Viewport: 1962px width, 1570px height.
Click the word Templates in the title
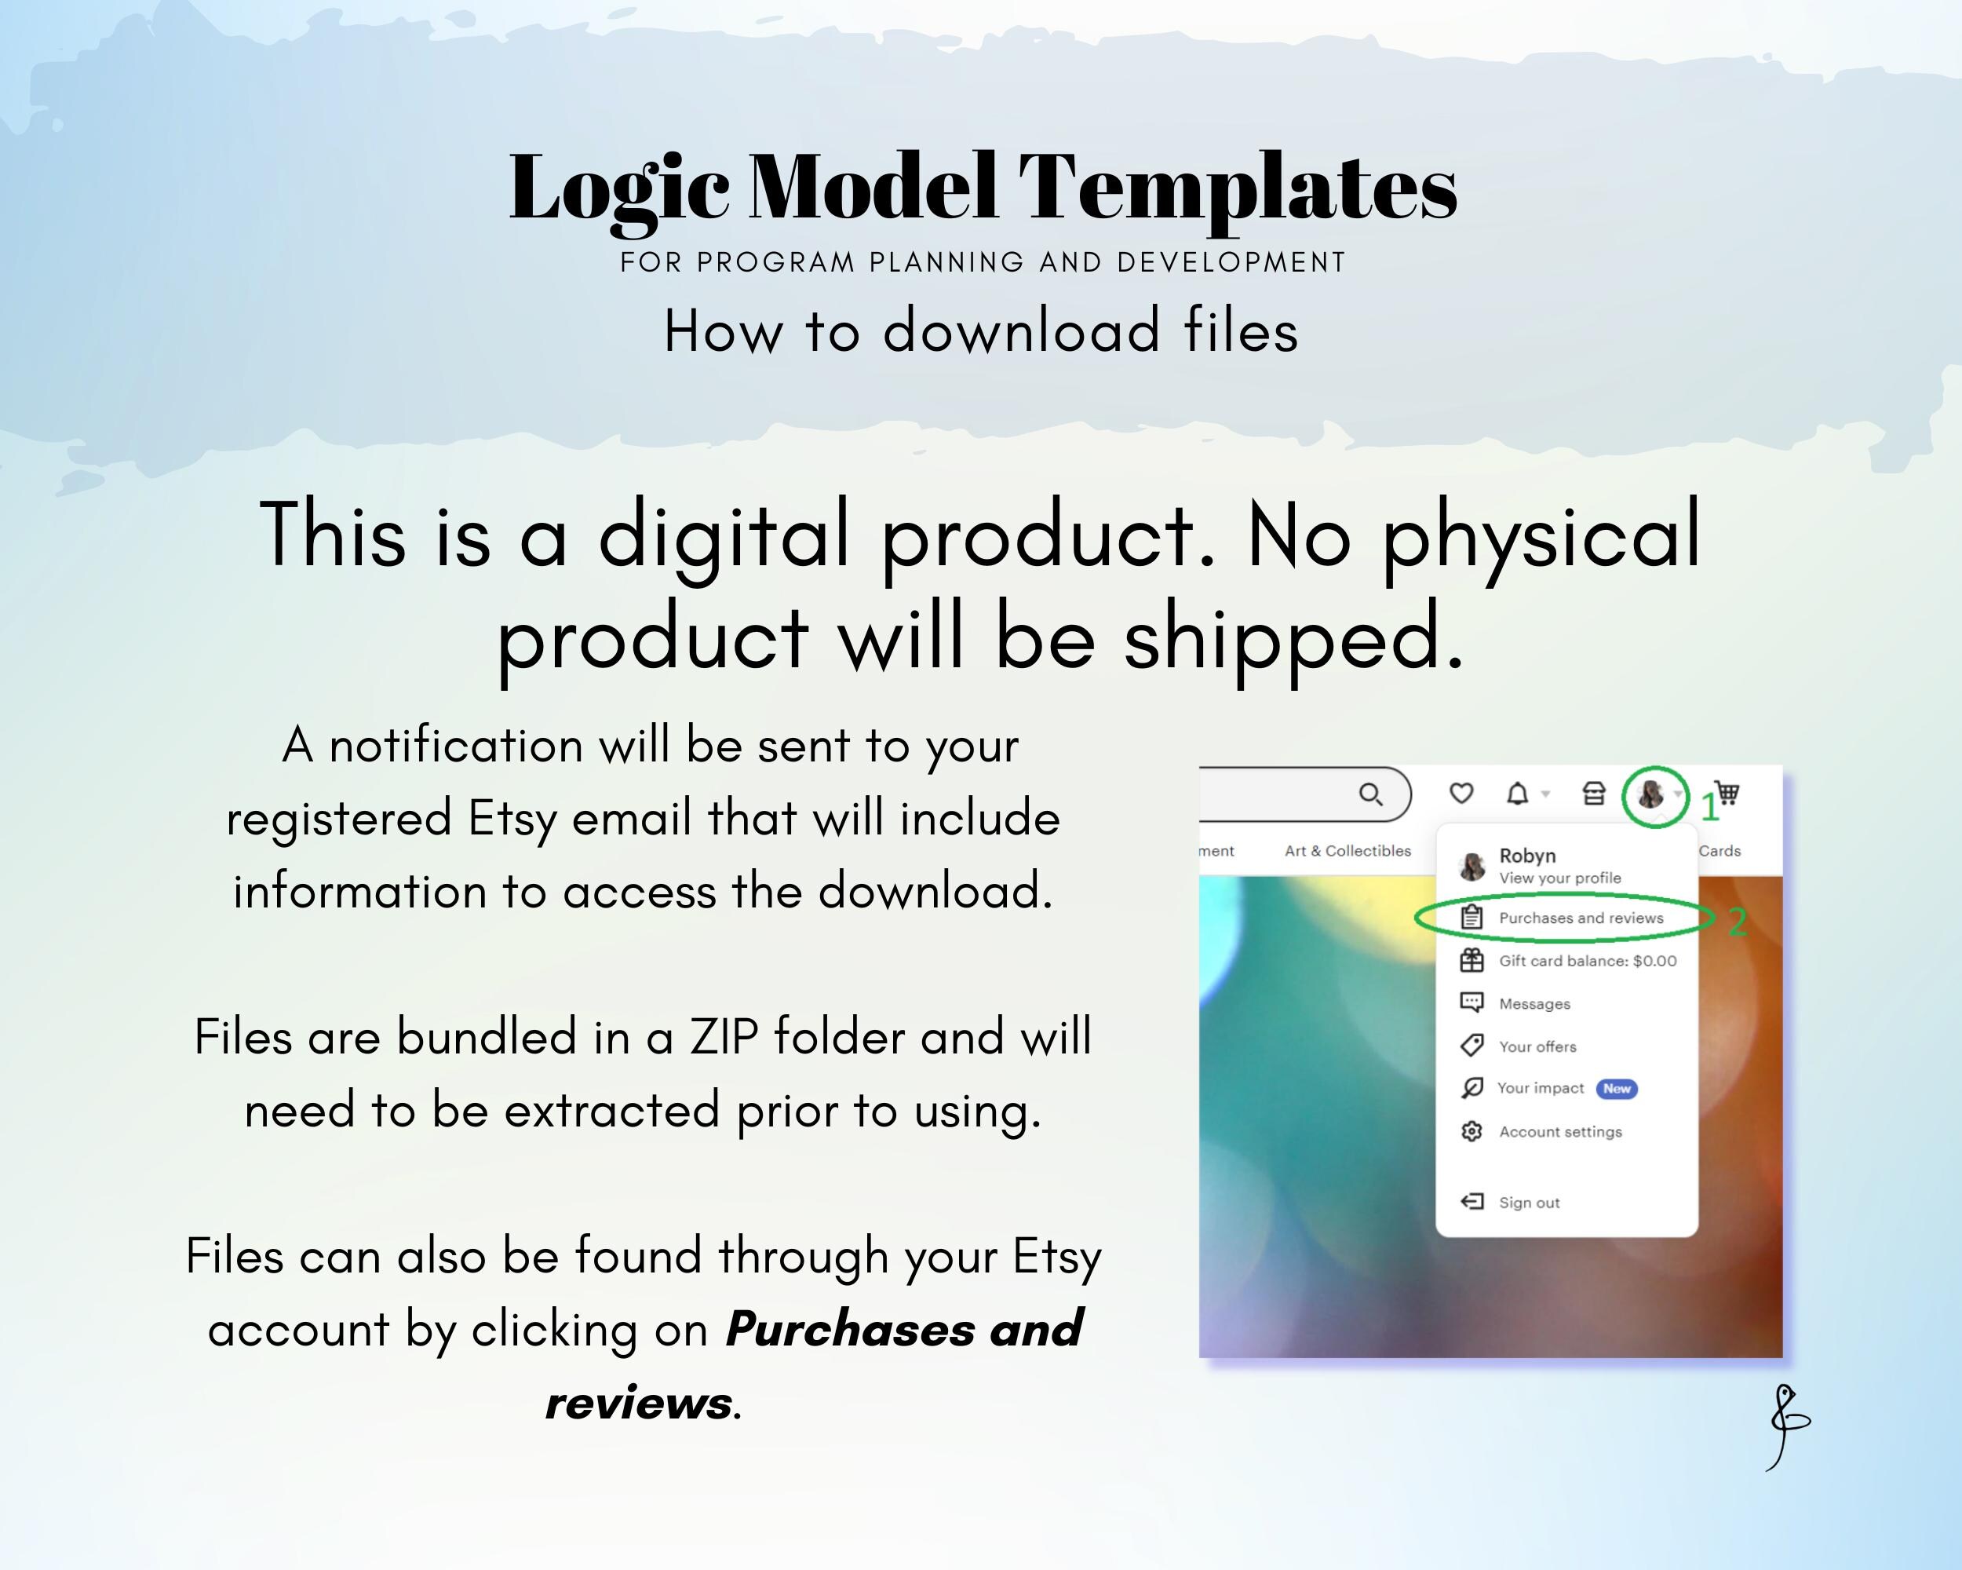click(1238, 188)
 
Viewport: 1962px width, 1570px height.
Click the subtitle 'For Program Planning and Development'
click(983, 262)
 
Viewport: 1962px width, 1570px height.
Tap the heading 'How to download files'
click(981, 330)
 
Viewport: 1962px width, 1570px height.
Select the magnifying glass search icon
click(1370, 794)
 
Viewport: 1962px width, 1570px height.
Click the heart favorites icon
click(1461, 794)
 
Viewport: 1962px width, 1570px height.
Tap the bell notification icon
click(1517, 794)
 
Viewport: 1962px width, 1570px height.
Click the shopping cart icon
click(1727, 794)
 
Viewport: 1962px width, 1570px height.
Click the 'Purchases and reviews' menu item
click(1581, 918)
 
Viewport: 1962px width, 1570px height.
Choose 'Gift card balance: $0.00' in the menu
click(1587, 961)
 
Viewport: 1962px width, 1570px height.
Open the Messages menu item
click(1534, 1004)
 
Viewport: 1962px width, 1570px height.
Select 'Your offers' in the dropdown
click(1537, 1046)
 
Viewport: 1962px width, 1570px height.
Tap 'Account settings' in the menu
click(1559, 1132)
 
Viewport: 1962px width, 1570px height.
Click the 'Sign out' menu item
click(1529, 1203)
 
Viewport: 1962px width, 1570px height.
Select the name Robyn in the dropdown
click(1527, 856)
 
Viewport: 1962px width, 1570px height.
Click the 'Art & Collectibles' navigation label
click(1348, 851)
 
